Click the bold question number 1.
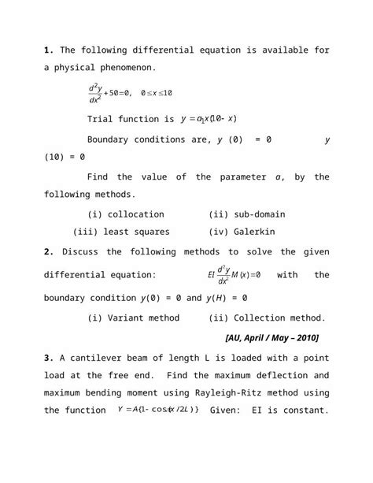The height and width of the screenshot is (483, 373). coord(48,50)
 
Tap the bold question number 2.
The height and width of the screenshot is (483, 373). coord(48,252)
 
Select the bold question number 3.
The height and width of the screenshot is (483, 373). coord(48,358)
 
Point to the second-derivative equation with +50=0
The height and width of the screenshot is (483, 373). coord(129,93)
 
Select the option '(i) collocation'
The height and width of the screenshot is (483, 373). coord(126,214)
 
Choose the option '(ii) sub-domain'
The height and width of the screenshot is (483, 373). coord(246,214)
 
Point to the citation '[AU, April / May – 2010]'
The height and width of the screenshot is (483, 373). coord(271,338)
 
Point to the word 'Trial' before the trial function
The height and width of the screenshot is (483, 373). coord(102,120)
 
